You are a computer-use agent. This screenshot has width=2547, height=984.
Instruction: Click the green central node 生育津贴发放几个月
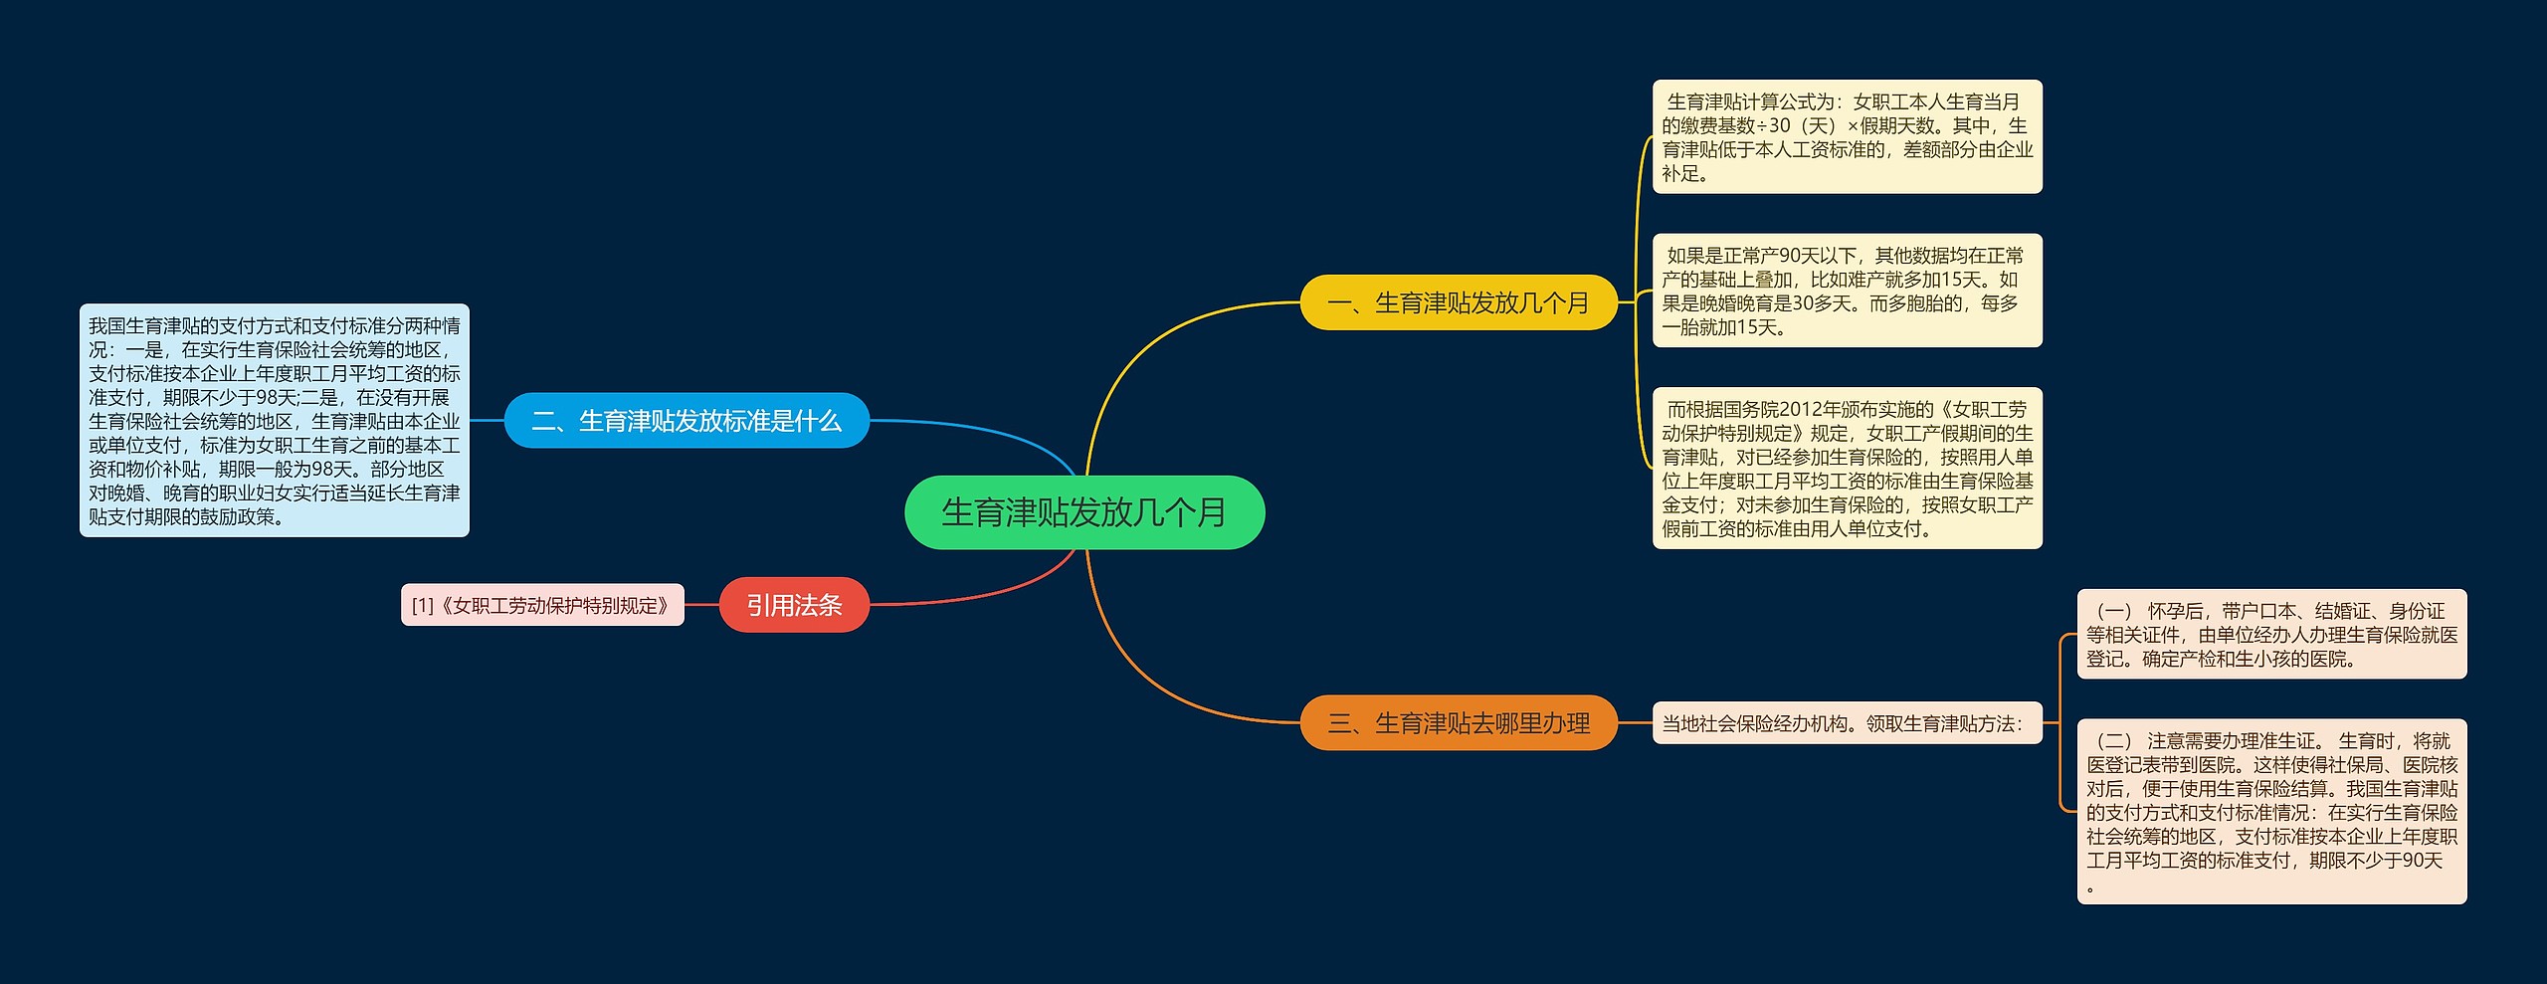(1083, 512)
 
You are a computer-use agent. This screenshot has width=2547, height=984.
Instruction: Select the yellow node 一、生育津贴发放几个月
(1458, 302)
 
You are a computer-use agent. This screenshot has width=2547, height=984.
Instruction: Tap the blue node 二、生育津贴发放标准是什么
(686, 421)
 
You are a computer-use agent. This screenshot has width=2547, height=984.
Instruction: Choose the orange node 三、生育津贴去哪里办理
(1458, 723)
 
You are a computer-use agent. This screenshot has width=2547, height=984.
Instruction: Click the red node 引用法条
(794, 605)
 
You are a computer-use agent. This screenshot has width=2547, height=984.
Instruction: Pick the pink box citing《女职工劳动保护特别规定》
(542, 605)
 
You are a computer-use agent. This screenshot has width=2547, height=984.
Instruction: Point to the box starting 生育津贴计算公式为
(1847, 137)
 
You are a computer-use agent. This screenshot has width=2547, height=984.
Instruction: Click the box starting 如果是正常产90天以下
(1847, 291)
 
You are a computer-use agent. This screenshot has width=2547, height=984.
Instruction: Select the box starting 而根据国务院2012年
(1847, 468)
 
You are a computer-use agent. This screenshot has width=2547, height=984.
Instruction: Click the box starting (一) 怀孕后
(2271, 634)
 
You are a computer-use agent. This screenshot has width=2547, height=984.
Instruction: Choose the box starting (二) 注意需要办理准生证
(2271, 811)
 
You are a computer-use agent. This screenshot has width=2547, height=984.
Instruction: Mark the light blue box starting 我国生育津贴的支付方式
(274, 421)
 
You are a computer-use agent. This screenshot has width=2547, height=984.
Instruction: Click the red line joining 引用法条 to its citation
(701, 605)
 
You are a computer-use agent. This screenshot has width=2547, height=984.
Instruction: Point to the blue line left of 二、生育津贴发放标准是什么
(487, 421)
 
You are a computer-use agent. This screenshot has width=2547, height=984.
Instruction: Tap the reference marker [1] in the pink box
(423, 606)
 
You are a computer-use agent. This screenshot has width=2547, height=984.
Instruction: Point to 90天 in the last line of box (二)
(2422, 861)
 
